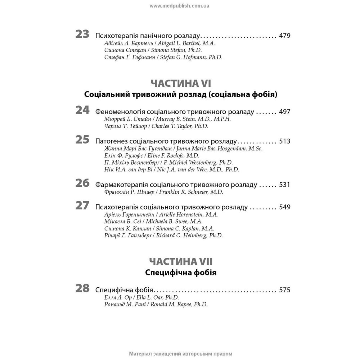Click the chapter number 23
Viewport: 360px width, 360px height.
[x=82, y=35]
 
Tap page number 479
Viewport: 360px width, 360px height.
[x=284, y=36]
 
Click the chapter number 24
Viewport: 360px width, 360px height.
[x=82, y=110]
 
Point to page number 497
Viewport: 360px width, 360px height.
[x=284, y=112]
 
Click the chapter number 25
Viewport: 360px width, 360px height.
[x=82, y=140]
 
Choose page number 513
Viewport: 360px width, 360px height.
[x=284, y=141]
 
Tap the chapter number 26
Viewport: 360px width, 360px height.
[x=82, y=183]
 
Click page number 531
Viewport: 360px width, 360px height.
[x=284, y=185]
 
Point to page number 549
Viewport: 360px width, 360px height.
[x=284, y=207]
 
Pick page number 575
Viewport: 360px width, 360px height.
[x=284, y=289]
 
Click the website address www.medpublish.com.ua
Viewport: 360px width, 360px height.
[x=180, y=6]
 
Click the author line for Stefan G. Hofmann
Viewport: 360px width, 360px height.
[x=163, y=57]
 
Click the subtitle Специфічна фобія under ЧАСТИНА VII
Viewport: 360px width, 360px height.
[x=181, y=272]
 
